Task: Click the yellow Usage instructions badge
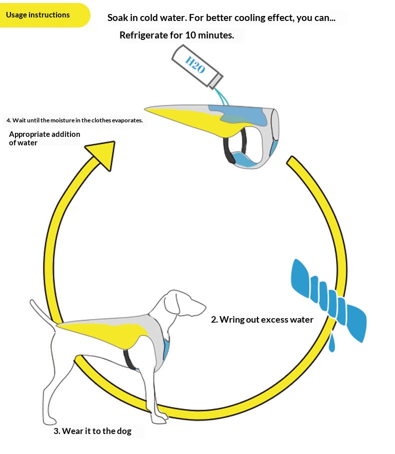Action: point(43,15)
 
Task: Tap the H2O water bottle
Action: point(197,66)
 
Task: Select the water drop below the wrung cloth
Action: point(332,343)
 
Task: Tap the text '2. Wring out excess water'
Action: point(262,319)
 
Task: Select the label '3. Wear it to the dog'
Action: point(92,431)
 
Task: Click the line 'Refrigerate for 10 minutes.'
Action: point(177,35)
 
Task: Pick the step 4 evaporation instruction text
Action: point(74,120)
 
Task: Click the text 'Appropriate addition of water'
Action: point(44,138)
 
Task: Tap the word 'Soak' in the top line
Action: point(117,17)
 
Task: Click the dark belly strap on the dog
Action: point(129,360)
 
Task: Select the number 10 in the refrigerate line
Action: point(190,35)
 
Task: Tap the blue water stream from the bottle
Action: point(222,97)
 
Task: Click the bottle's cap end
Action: point(216,81)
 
